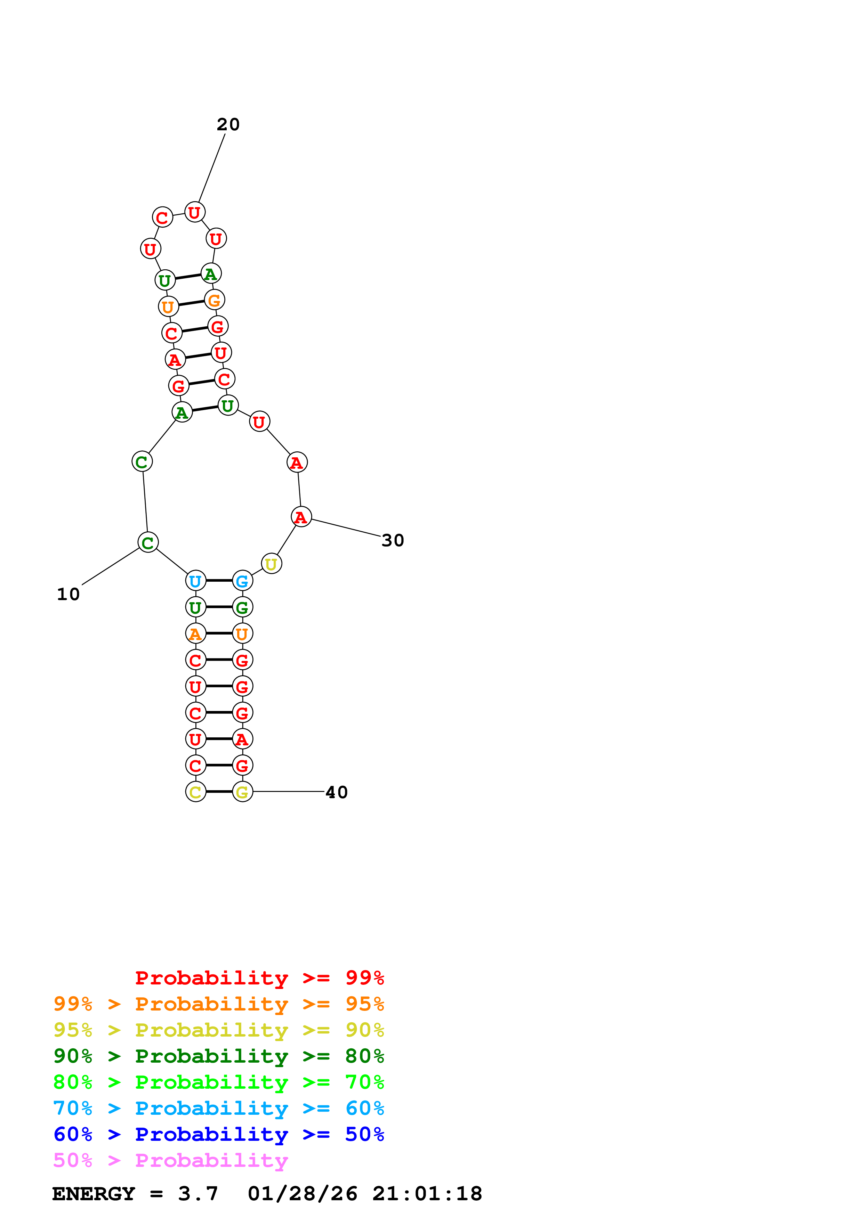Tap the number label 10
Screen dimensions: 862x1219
(69, 594)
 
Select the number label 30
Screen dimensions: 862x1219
(393, 540)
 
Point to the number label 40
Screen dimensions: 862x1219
(336, 792)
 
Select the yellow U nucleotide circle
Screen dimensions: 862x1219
(271, 564)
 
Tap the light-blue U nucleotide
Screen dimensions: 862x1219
(195, 581)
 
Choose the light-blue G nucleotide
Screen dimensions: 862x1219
(242, 581)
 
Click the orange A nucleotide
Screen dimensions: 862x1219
(195, 633)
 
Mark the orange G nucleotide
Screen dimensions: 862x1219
(215, 300)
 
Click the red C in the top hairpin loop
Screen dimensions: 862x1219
(162, 217)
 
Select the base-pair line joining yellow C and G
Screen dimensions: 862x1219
(219, 792)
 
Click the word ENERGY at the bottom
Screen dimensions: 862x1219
(93, 1194)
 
